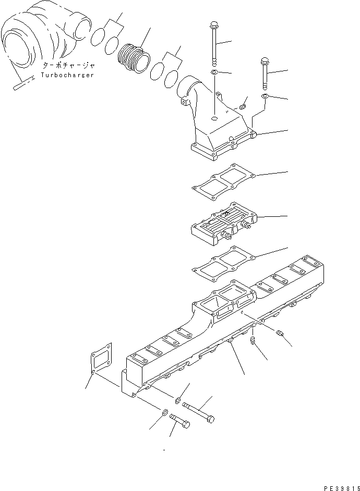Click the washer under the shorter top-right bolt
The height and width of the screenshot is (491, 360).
click(265, 97)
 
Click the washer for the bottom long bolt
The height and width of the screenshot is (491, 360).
click(178, 400)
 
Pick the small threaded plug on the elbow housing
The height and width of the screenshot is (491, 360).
click(243, 107)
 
